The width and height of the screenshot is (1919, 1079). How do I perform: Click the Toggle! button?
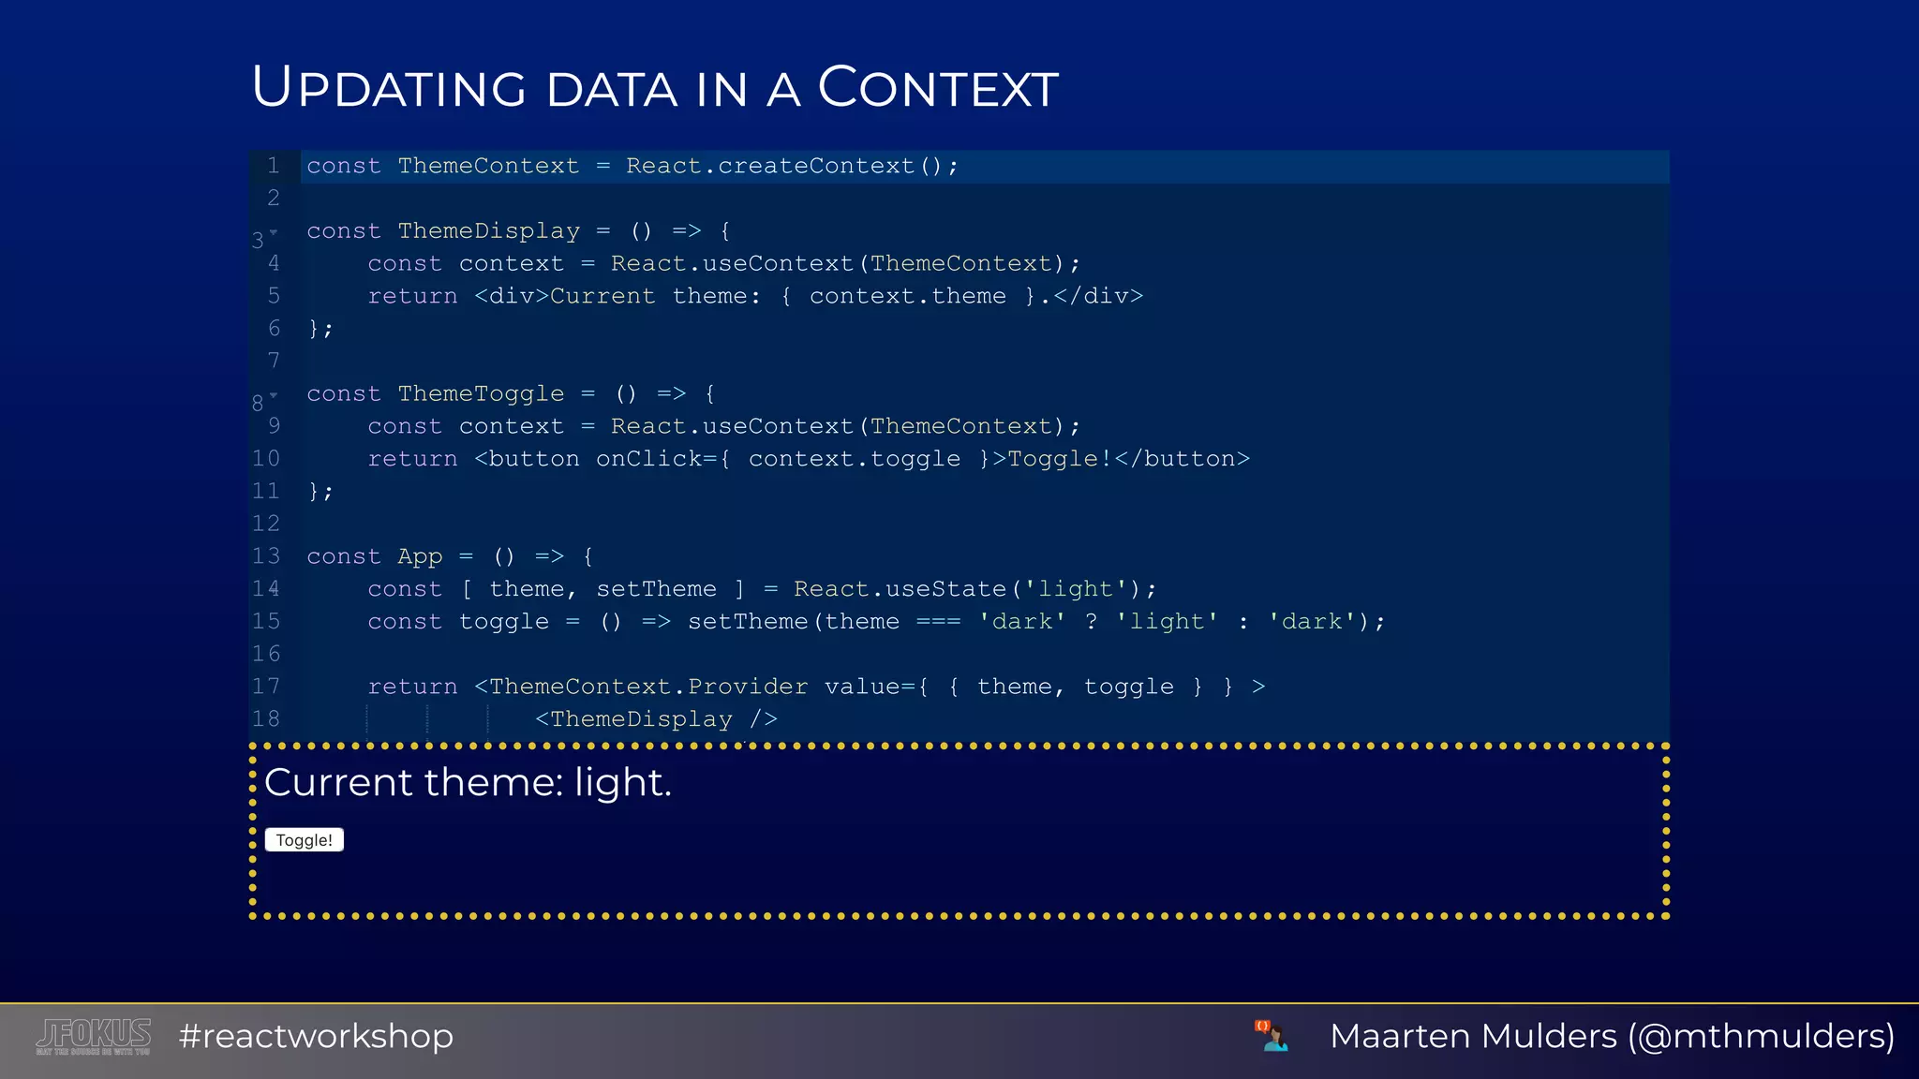tap(304, 840)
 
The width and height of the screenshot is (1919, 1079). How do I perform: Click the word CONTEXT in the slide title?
tap(938, 89)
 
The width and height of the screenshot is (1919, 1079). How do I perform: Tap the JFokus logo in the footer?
tap(94, 1036)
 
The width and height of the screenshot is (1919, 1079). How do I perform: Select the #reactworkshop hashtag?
tap(316, 1036)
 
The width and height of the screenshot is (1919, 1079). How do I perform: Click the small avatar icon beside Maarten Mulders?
tap(1272, 1036)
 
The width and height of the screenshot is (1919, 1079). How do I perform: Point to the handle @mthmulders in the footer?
tap(1762, 1036)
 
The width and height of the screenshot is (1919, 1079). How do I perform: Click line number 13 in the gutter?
tap(266, 556)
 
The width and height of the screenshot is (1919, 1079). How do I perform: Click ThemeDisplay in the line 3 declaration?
tap(488, 230)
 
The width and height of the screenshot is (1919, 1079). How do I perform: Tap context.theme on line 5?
tap(907, 296)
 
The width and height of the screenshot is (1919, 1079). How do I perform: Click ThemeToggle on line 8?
tap(481, 393)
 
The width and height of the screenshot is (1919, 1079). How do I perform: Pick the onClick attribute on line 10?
tap(648, 459)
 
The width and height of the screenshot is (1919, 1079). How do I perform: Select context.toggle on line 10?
tap(854, 459)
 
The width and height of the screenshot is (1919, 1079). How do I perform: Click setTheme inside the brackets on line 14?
tap(656, 589)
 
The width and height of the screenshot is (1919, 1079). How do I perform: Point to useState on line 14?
tap(945, 589)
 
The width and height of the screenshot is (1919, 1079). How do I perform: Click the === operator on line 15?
tap(938, 622)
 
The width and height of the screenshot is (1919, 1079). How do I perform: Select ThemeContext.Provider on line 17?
tap(648, 687)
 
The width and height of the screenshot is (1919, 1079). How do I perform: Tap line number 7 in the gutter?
tap(274, 361)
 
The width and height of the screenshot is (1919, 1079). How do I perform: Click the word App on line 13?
tap(420, 556)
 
